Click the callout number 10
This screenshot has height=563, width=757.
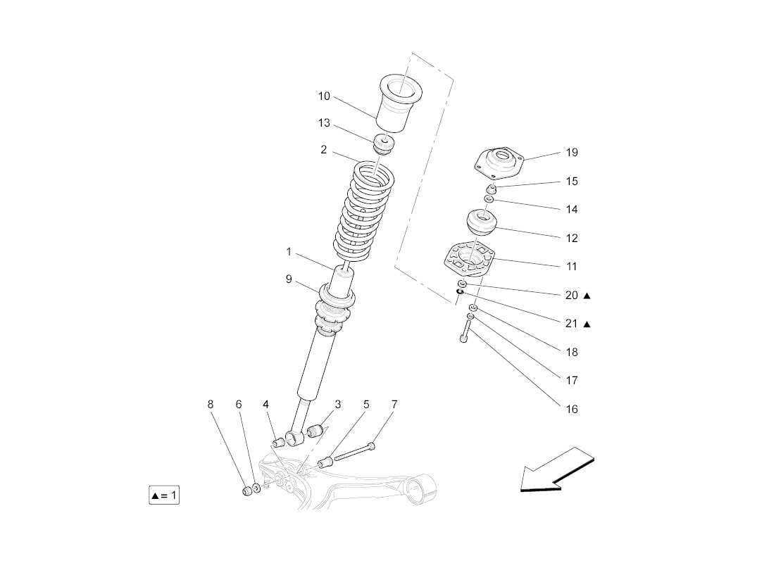pos(324,96)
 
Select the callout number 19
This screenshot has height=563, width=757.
pos(572,152)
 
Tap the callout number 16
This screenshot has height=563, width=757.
pos(572,409)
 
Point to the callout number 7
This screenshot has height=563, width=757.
pos(394,404)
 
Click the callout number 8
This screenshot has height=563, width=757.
pos(210,404)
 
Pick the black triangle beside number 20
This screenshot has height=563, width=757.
pos(587,296)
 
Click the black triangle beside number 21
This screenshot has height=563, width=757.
pos(587,324)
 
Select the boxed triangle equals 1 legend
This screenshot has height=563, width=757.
pos(164,495)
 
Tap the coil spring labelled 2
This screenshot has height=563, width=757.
pos(364,211)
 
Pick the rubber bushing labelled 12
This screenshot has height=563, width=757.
pos(482,224)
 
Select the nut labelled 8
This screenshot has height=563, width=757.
pos(247,491)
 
